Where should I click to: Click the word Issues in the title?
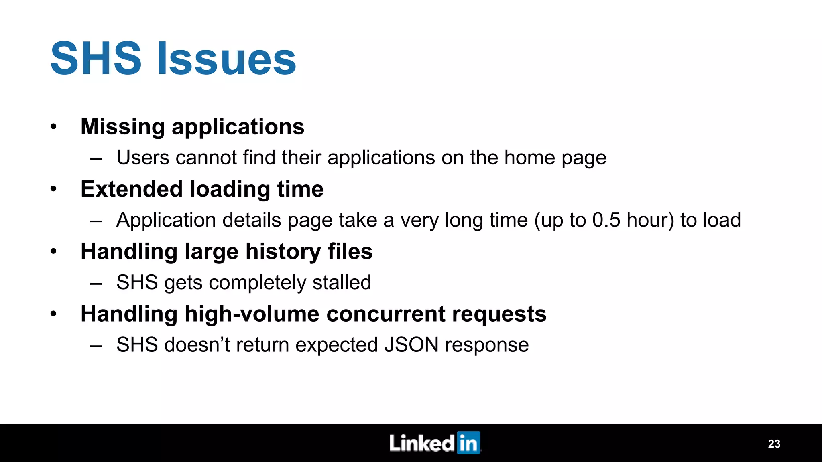(227, 59)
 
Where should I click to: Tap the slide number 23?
(774, 444)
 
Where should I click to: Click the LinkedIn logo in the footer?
(435, 443)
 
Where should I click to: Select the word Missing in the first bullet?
(122, 127)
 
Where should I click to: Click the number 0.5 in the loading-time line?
(606, 220)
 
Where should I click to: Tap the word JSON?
(411, 345)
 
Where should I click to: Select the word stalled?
(342, 282)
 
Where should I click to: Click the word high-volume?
(252, 314)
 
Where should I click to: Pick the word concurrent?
(386, 314)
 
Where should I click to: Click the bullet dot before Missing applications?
(54, 127)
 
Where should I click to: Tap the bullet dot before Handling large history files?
(54, 252)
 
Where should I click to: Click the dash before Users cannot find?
(96, 158)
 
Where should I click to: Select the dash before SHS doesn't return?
(96, 346)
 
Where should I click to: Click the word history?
(283, 251)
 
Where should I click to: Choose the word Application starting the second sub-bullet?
(166, 221)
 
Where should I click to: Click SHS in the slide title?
(96, 59)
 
